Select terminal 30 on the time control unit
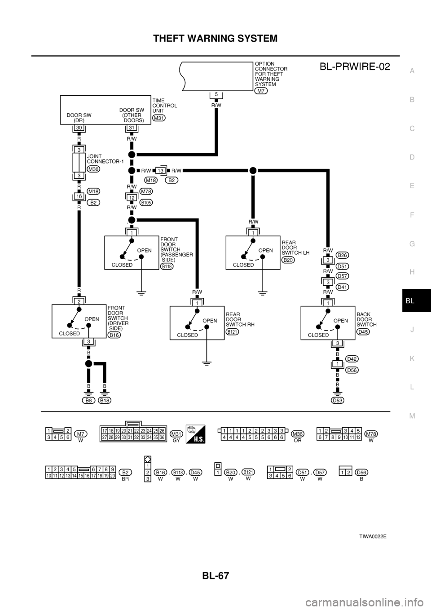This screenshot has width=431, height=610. pos(78,128)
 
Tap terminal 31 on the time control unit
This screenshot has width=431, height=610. pos(132,128)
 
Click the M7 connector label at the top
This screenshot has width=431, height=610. pos(261,91)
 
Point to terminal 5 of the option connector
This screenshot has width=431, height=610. pos(216,94)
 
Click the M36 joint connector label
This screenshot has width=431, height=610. pos(93,169)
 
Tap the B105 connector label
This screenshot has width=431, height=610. pos(146,203)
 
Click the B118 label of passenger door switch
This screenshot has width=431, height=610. pos(167,266)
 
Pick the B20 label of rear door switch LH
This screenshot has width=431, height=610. pos(288,260)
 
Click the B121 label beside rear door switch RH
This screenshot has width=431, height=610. pos(233,331)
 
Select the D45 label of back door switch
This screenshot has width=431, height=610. pos(363,332)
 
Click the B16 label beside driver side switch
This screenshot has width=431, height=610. pos(114,335)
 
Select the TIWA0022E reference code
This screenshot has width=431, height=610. pos(373,536)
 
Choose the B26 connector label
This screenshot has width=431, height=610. pos(343,255)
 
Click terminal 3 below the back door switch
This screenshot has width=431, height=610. pos(338,343)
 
